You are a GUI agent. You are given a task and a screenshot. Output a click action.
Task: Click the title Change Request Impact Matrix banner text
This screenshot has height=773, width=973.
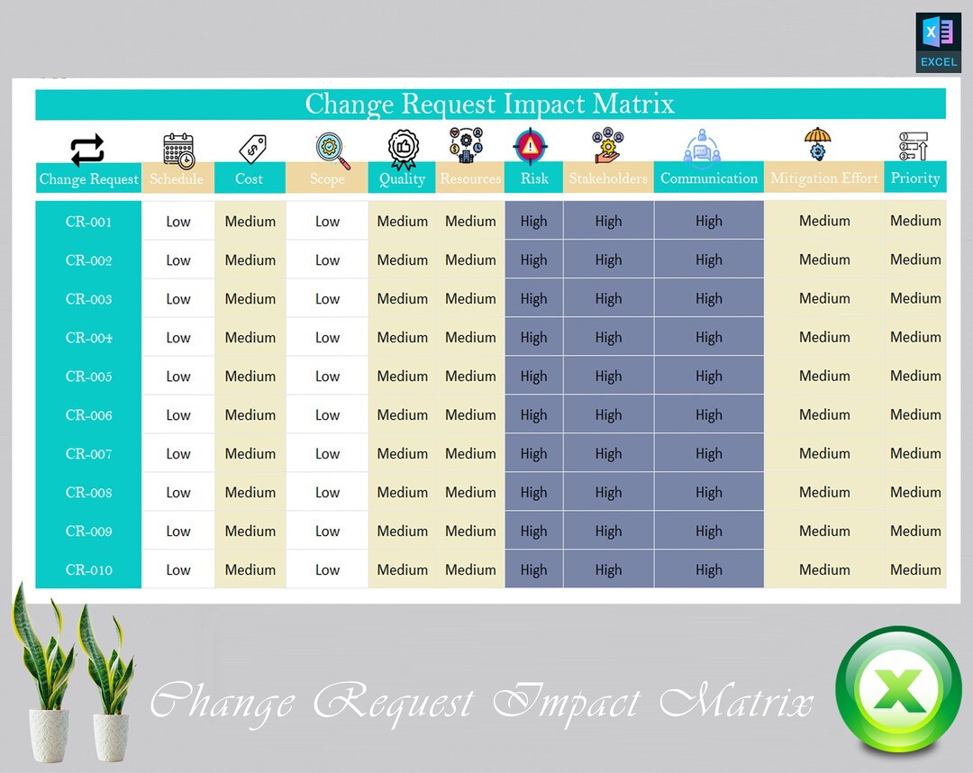[x=489, y=104]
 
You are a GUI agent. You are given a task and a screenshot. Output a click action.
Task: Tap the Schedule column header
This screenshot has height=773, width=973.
[x=177, y=178]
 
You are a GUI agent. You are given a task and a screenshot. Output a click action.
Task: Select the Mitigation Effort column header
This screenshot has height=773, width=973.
[x=823, y=178]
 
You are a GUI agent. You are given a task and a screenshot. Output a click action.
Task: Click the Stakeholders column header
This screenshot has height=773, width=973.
[x=608, y=178]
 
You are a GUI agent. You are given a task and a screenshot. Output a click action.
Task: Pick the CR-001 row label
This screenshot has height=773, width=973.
[x=88, y=222]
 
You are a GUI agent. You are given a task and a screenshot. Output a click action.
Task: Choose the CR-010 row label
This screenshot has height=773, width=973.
[x=88, y=570]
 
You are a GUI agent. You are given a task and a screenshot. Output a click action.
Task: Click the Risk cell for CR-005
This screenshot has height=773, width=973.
[x=533, y=377]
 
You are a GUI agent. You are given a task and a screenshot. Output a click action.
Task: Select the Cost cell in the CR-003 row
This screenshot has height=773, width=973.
[x=250, y=299]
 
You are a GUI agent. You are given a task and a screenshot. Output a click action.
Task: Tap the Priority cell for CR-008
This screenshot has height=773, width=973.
[x=915, y=493]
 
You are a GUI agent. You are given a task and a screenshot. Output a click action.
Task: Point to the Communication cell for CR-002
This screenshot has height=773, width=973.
[x=708, y=260]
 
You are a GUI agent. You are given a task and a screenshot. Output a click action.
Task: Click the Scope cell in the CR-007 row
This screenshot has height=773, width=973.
[x=327, y=454]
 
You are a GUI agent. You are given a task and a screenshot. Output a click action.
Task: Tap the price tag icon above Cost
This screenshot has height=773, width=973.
[x=251, y=148]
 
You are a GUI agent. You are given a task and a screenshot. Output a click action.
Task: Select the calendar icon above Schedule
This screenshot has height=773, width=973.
[x=178, y=150]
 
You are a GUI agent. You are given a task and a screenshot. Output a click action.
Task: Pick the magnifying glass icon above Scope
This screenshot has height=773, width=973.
[x=332, y=150]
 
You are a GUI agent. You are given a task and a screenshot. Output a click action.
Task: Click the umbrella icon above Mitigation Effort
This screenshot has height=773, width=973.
[x=817, y=144]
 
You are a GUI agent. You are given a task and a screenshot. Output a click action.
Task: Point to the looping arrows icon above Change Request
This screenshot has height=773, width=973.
[x=87, y=150]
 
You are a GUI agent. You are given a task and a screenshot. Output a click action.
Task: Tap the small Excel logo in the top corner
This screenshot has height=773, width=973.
[x=938, y=41]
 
